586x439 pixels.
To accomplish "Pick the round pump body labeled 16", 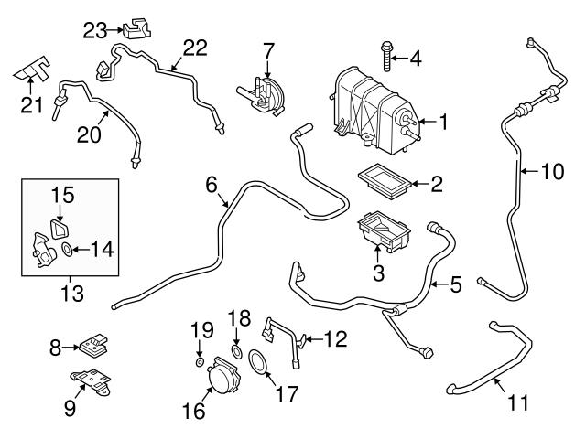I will click(220, 376).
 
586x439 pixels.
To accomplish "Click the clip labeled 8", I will click(92, 346).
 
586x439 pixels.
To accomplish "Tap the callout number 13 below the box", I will click(71, 294).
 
